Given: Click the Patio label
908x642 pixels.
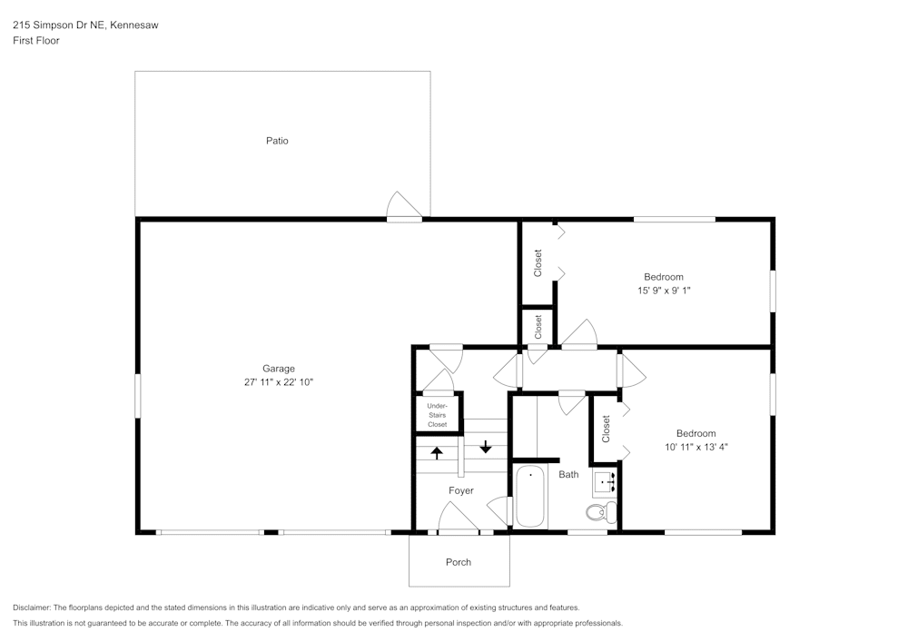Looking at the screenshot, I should point(277,141).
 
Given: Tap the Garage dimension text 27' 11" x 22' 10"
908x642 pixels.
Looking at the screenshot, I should point(278,382).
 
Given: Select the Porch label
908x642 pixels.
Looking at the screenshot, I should point(459,562).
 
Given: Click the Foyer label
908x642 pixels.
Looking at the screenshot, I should point(460,491).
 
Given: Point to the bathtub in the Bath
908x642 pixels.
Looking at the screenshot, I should point(530,497).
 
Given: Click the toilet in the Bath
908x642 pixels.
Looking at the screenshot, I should point(599,514).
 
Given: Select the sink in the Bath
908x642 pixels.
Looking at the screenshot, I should point(606,482).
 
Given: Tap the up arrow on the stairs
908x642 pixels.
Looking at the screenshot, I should point(437,452).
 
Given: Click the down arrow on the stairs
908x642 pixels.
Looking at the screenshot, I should point(486,446).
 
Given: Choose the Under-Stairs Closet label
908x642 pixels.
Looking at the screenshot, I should point(437,415).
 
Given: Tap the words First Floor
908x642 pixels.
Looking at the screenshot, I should point(36,41).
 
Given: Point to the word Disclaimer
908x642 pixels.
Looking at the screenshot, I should point(32,607).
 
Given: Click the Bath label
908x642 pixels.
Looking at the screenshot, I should point(568,475).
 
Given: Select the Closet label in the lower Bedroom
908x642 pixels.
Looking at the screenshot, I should point(606,430).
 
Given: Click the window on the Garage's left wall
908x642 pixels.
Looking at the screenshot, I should point(138,397).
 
